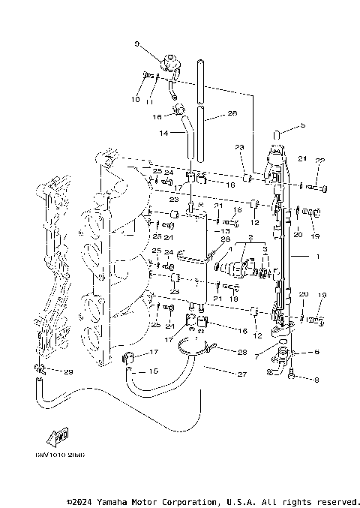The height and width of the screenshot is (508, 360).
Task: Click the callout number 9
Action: click(x=137, y=44)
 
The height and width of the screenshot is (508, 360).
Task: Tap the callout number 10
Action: click(x=136, y=99)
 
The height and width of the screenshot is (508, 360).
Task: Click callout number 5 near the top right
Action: click(x=303, y=125)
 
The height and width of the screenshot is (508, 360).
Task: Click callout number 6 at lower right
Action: click(x=316, y=352)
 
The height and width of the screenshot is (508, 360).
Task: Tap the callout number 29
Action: click(x=69, y=372)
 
